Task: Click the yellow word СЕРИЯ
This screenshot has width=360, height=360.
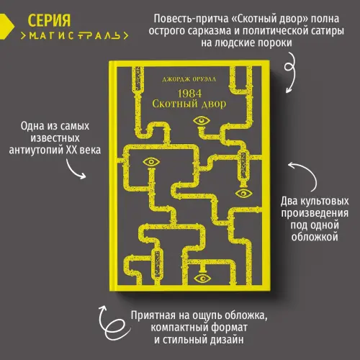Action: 49,20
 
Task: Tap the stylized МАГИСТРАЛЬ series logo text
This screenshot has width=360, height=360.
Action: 74,36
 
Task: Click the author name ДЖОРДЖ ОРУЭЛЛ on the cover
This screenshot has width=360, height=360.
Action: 189,79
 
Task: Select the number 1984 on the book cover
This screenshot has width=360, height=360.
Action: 189,94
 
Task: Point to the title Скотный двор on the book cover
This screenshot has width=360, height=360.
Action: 189,104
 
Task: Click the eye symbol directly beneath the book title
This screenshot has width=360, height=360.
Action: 201,121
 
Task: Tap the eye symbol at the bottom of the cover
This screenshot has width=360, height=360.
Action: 202,279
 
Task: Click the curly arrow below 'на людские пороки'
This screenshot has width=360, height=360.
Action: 290,72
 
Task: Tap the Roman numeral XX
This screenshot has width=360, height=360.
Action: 71,150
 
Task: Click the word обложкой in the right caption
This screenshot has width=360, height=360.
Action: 315,237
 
